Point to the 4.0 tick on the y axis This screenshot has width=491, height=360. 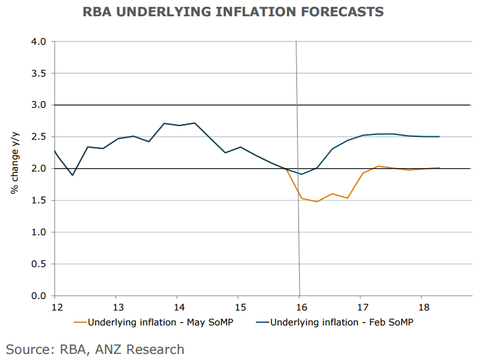(39, 41)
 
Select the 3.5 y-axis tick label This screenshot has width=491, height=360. (39, 73)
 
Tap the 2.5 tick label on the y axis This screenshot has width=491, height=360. (39, 137)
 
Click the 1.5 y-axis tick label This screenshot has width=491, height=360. (39, 201)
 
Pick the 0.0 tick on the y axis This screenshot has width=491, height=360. (39, 296)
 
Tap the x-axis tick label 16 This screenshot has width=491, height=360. (299, 306)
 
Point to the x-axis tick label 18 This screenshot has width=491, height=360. (421, 306)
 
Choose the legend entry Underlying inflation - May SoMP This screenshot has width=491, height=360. (158, 321)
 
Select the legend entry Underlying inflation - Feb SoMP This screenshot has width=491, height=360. (339, 321)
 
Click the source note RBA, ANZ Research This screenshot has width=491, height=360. (95, 350)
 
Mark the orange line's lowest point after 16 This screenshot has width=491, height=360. (317, 201)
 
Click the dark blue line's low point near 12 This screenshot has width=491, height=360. (73, 175)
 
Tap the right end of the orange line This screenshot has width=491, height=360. (439, 167)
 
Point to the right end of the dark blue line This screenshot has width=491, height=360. (439, 136)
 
